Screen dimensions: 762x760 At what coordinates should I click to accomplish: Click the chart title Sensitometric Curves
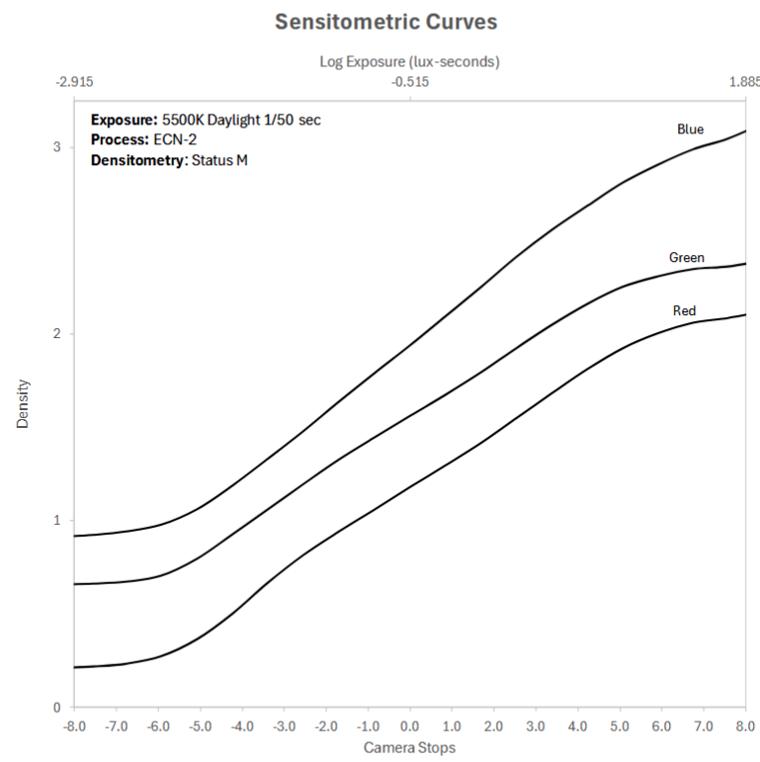pyautogui.click(x=385, y=21)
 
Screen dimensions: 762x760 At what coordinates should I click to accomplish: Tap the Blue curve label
pyautogui.click(x=690, y=129)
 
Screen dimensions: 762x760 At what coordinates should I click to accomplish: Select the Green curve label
pyautogui.click(x=687, y=258)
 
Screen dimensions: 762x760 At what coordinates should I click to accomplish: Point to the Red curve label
pyautogui.click(x=684, y=311)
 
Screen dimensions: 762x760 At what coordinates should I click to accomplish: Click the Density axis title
pyautogui.click(x=22, y=403)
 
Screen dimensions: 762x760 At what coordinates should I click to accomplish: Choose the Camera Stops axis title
pyautogui.click(x=409, y=747)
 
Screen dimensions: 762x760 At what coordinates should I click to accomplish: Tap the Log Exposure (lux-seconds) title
pyautogui.click(x=409, y=61)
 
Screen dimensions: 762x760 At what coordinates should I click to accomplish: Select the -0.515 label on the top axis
pyautogui.click(x=409, y=82)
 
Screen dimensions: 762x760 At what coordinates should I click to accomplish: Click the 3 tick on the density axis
pyautogui.click(x=56, y=147)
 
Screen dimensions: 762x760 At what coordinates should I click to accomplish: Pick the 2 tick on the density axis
pyautogui.click(x=56, y=334)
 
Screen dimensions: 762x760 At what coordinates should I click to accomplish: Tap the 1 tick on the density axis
pyautogui.click(x=56, y=521)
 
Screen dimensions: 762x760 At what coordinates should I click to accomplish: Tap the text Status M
pyautogui.click(x=218, y=159)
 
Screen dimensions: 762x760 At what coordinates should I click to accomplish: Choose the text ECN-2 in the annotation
pyautogui.click(x=174, y=139)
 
